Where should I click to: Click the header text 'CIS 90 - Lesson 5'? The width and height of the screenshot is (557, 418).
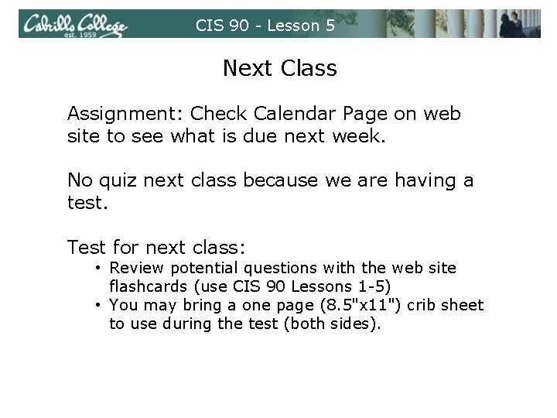(x=265, y=26)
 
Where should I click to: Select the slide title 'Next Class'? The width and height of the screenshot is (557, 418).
(x=279, y=69)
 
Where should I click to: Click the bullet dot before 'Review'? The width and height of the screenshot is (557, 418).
(x=99, y=268)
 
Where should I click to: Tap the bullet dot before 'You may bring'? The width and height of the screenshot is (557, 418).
(x=99, y=305)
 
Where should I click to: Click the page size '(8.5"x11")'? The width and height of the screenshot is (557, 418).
(x=347, y=305)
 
